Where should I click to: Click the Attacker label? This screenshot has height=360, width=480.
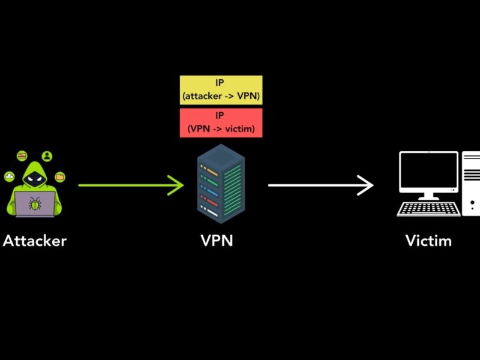coord(35,241)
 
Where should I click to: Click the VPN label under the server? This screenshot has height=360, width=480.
coord(217,241)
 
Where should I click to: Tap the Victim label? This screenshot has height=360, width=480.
coord(428,241)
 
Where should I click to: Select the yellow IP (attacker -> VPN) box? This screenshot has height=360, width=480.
coord(221,90)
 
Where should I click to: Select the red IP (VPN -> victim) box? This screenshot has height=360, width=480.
coord(221,123)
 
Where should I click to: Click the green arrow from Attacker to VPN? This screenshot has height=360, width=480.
coord(131,185)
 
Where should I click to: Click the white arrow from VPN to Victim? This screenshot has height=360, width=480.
coord(321,185)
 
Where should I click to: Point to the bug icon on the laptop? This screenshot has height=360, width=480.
coord(35,203)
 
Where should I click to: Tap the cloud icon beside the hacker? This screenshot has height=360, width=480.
coord(10,176)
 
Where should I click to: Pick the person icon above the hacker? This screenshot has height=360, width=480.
coord(47,156)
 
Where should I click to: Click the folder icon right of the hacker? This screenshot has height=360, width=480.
coord(60,177)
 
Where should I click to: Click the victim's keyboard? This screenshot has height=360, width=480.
coord(428,209)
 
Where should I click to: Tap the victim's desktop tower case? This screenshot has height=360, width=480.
coord(471,183)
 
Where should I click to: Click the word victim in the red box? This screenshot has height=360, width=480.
coord(239,129)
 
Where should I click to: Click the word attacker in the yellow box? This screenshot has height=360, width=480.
coord(202,96)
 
